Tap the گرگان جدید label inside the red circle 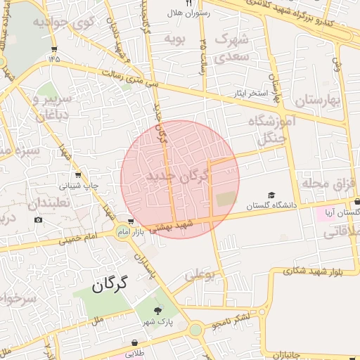pyautogui.click(x=179, y=177)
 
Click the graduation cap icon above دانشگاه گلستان pyautogui.click(x=271, y=195)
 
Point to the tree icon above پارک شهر pyautogui.click(x=157, y=311)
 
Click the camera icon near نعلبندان pyautogui.click(x=37, y=219)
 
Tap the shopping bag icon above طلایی pyautogui.click(x=134, y=342)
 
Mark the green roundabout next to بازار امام pyautogui.click(x=122, y=233)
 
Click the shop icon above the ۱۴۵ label pyautogui.click(x=55, y=49)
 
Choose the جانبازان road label pyautogui.click(x=283, y=352)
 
